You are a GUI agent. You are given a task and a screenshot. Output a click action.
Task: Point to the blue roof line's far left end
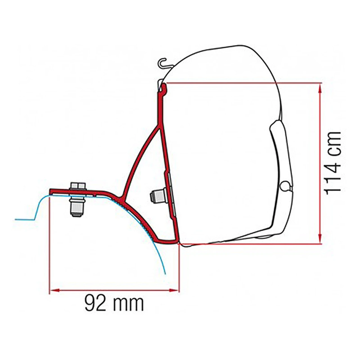16,219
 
